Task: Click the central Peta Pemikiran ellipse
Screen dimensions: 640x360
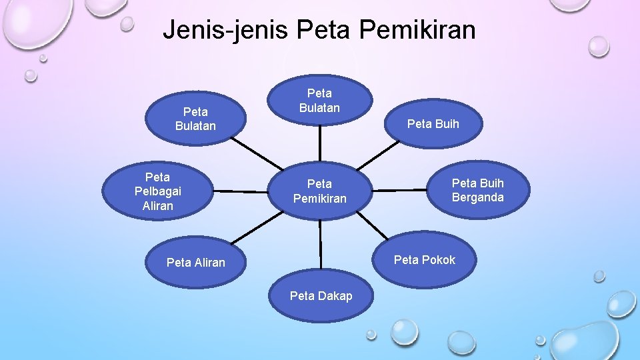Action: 320,191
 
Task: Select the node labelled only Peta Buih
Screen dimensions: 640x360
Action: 433,123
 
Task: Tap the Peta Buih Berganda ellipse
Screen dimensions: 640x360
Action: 478,190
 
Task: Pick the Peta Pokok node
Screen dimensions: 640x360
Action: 425,260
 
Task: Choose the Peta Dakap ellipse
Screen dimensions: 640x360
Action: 321,296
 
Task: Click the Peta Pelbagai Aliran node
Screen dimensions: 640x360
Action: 157,191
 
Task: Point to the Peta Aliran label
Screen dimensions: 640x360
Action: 196,263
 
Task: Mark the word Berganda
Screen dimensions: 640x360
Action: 478,197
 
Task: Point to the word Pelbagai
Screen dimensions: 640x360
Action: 157,191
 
